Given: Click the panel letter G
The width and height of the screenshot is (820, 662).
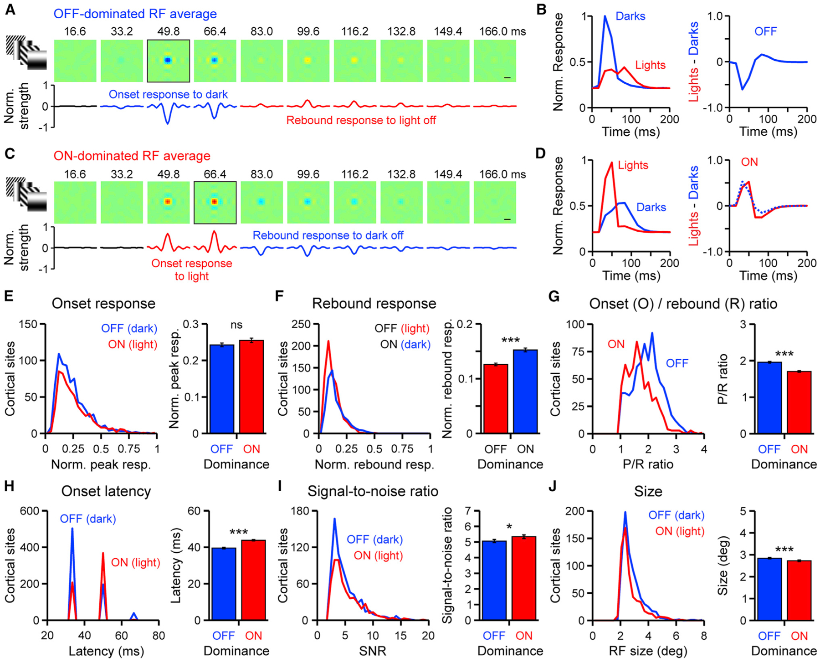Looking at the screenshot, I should click(554, 296).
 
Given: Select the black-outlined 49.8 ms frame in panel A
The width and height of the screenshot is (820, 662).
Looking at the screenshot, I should click(168, 61).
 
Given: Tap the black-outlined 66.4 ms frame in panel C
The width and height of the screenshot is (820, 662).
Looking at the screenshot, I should click(215, 202).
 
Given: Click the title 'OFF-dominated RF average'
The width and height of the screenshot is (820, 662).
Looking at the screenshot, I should click(135, 14).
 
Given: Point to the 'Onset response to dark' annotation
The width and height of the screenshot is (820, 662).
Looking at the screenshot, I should click(168, 94).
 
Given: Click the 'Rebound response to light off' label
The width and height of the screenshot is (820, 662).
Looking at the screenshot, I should click(361, 120).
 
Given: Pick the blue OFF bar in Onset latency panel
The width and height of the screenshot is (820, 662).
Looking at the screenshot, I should click(224, 584).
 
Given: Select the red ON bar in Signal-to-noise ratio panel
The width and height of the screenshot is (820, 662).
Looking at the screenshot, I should click(524, 578).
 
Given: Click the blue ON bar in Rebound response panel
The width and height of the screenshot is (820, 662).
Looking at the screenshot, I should click(525, 392).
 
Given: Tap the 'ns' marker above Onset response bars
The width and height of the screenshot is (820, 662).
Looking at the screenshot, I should click(236, 325).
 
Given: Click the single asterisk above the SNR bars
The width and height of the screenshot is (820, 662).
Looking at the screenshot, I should click(509, 527).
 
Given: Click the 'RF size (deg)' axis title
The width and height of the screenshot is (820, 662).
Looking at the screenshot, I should click(648, 651).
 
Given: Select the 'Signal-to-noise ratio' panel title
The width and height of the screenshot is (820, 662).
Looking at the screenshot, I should click(373, 491).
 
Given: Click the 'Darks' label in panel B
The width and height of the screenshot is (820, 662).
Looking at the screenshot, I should click(630, 16).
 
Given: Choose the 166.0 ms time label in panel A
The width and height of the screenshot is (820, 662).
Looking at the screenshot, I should click(502, 31).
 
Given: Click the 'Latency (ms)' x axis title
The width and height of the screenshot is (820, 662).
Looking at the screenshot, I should click(106, 651).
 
